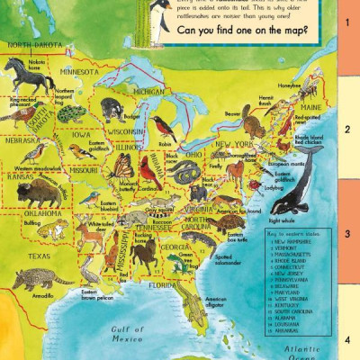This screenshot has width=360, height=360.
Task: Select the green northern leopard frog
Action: click(x=69, y=113)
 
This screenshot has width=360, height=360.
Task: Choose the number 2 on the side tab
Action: click(x=346, y=129)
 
